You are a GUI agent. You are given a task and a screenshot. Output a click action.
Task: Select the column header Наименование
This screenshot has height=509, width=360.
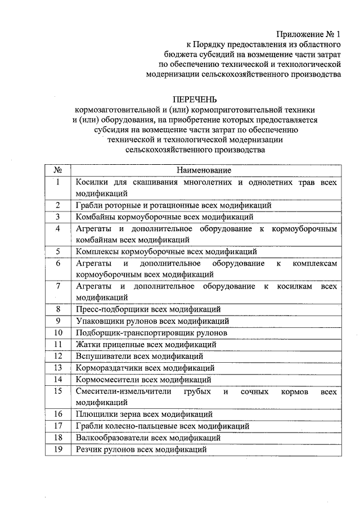click(204, 170)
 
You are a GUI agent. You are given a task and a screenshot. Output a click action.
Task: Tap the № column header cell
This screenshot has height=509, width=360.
click(57, 170)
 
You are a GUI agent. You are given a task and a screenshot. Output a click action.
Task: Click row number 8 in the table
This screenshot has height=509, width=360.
click(57, 309)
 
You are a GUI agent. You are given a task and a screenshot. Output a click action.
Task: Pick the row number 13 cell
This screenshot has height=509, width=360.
click(57, 367)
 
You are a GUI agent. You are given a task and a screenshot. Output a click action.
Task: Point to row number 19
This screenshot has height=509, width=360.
click(57, 449)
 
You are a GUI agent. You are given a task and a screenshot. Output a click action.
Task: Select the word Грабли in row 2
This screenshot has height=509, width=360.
click(88, 205)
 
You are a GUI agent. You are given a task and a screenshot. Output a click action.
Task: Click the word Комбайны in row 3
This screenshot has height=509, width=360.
click(94, 217)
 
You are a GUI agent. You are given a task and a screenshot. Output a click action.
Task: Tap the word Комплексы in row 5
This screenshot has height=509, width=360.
click(96, 251)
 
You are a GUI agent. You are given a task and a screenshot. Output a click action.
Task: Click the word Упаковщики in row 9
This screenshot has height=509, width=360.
click(98, 321)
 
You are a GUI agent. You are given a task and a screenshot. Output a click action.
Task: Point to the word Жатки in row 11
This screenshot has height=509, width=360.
click(88, 344)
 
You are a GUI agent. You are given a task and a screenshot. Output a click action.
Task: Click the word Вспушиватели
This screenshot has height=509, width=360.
click(101, 356)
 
